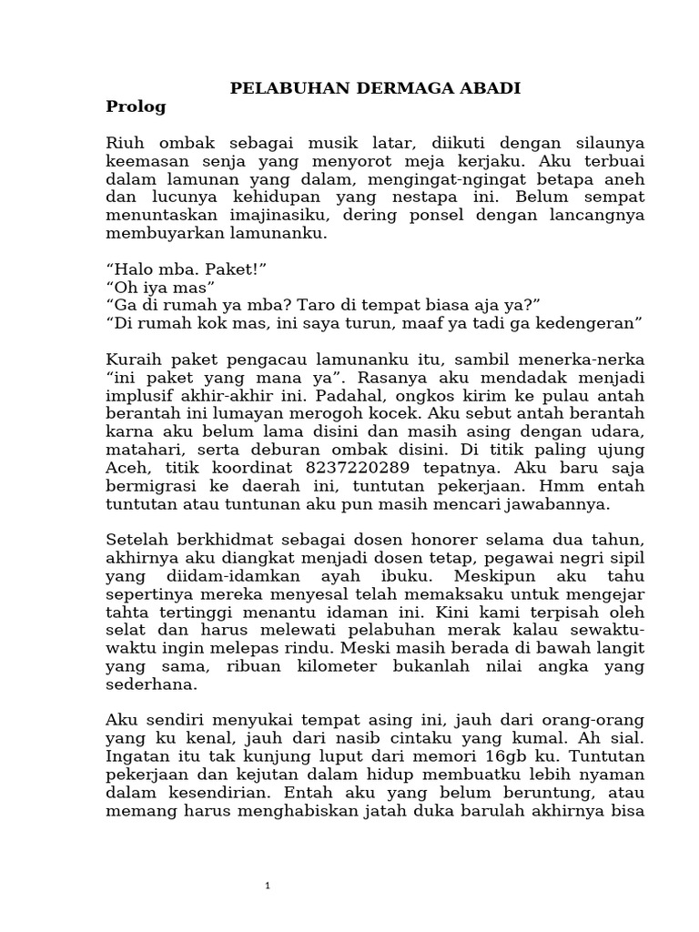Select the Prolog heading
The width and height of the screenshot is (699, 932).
coord(137,106)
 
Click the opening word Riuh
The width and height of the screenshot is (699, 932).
coord(126,144)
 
